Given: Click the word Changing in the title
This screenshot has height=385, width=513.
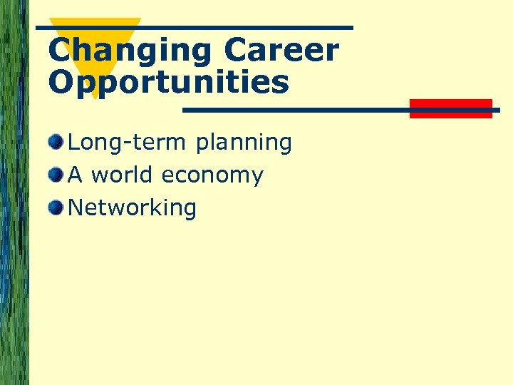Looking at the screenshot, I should pyautogui.click(x=130, y=51).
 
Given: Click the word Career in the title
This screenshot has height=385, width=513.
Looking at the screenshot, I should pyautogui.click(x=281, y=51).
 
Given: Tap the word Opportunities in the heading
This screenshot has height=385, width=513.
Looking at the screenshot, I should pyautogui.click(x=169, y=83).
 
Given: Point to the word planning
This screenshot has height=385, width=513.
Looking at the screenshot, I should pyautogui.click(x=243, y=144).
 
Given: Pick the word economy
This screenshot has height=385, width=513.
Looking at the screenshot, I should pyautogui.click(x=212, y=176).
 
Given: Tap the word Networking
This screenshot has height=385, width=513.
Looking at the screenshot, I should pyautogui.click(x=132, y=208).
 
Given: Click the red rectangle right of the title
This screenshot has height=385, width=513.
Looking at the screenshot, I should pyautogui.click(x=450, y=108).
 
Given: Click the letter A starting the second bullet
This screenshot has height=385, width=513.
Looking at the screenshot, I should pyautogui.click(x=75, y=175).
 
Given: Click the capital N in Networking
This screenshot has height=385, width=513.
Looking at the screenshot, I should pyautogui.click(x=76, y=208).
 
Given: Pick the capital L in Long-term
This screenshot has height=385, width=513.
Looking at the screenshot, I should pyautogui.click(x=73, y=143).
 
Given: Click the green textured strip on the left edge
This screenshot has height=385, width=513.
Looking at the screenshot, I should pyautogui.click(x=14, y=192).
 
